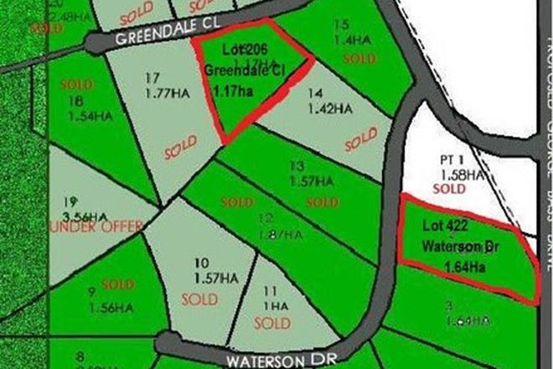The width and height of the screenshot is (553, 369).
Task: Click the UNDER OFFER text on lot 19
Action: coord(109,227)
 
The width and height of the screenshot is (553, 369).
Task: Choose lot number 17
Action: coord(152,78)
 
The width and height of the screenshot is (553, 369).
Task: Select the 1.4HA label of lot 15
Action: coord(353,39)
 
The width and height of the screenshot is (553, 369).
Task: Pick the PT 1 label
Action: coord(452,159)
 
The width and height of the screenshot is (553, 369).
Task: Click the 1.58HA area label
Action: coord(462,174)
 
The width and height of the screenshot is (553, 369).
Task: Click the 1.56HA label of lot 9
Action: coord(111,308)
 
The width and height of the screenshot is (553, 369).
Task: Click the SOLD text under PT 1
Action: coord(450,190)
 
